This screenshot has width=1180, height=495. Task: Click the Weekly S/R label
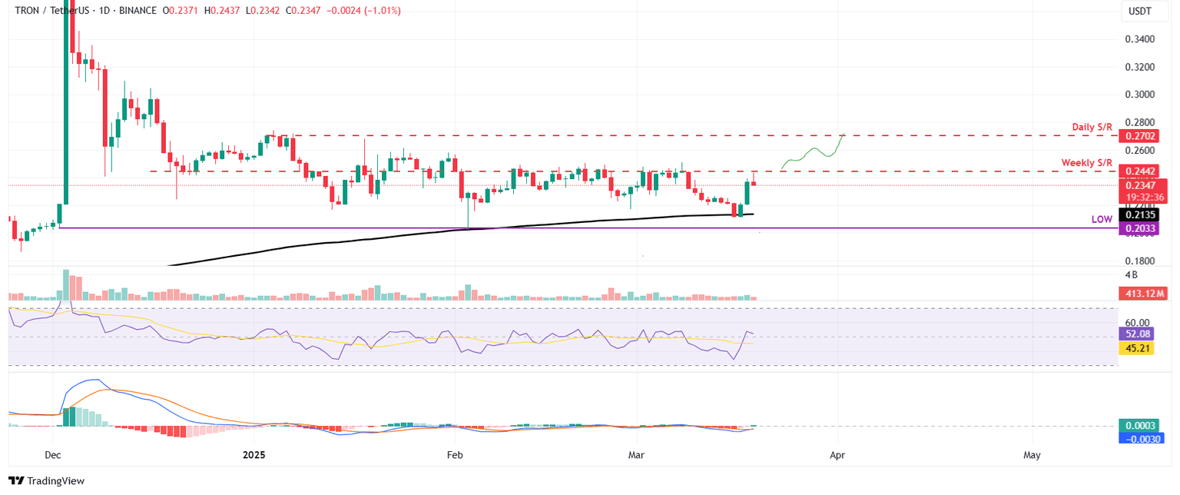tap(1086, 163)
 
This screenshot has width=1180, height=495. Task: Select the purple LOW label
tap(1102, 219)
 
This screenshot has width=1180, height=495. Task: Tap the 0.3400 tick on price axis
tap(1139, 38)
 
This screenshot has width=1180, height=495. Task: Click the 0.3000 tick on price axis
tap(1139, 95)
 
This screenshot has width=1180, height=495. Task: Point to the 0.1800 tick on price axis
tap(1139, 261)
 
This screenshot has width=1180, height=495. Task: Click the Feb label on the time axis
tap(454, 455)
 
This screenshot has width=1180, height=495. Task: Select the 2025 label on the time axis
tap(254, 455)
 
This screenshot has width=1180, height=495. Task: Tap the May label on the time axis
tap(1032, 455)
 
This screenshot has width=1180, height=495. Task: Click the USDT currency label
tap(1140, 12)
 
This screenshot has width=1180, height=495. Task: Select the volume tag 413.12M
tap(1143, 293)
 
